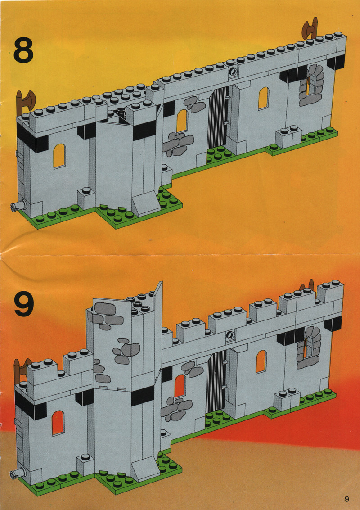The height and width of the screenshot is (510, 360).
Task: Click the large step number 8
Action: tap(23, 50)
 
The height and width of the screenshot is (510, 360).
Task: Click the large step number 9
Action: tap(23, 303)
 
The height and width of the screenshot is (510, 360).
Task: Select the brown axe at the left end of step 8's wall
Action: tap(25, 101)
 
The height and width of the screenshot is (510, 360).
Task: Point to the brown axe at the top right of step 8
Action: tap(310, 29)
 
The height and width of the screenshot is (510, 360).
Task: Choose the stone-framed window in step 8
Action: tap(311, 85)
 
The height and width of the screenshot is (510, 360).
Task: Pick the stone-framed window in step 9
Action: tap(309, 347)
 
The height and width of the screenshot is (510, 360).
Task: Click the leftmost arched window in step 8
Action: tap(59, 156)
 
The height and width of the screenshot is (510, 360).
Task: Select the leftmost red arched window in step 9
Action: tap(58, 423)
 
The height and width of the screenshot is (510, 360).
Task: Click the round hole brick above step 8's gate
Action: tap(233, 72)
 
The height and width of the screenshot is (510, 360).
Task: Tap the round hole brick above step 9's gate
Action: tap(231, 334)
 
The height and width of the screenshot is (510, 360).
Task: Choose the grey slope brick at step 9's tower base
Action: tap(146, 468)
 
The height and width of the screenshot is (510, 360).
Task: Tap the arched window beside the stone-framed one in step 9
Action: tap(261, 361)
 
